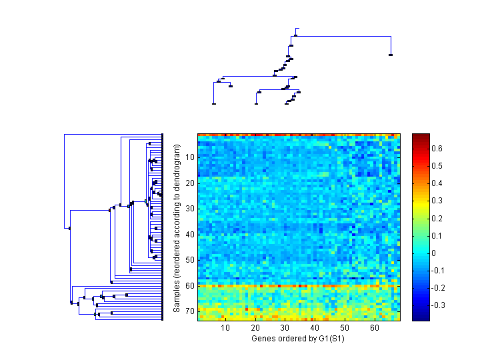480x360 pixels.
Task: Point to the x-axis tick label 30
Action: click(285, 328)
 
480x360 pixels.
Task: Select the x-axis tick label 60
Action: click(375, 328)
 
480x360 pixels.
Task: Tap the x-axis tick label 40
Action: click(315, 328)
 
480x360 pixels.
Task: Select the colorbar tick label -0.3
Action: click(441, 305)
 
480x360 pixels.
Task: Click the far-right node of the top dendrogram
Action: click(391, 55)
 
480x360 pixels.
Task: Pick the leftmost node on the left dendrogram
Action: click(69, 228)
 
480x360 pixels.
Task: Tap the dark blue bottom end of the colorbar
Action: click(421, 317)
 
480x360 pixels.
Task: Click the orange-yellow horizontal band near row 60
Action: click(299, 286)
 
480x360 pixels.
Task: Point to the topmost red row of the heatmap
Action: click(299, 135)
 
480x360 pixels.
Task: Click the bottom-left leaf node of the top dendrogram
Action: click(214, 104)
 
